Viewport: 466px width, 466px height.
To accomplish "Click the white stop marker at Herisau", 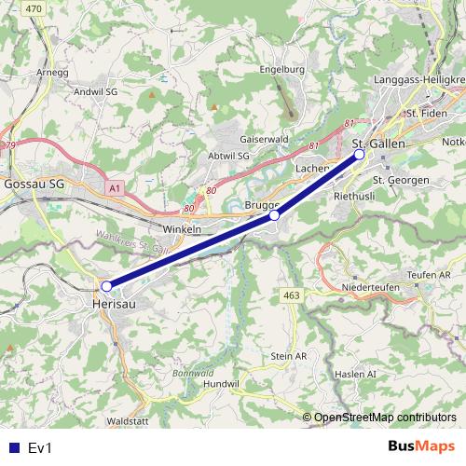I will tap(106, 286).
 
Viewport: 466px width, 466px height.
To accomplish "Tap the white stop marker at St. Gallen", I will tap(360, 157).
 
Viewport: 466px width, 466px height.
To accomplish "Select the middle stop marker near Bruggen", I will tap(274, 215).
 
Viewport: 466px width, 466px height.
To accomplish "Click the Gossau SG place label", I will tap(34, 186).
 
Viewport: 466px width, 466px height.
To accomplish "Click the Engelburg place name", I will tap(283, 70).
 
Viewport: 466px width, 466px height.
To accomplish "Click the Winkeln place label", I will tap(182, 228).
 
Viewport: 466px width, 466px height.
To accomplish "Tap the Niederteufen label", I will tap(370, 287).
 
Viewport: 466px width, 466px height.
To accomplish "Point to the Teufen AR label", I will tap(430, 274).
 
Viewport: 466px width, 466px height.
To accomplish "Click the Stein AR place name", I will tap(288, 356).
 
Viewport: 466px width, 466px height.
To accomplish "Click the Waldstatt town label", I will tap(128, 421).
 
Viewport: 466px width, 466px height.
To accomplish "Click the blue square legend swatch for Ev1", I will tap(12, 448).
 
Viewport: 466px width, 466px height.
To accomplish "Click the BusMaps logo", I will tap(420, 447).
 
